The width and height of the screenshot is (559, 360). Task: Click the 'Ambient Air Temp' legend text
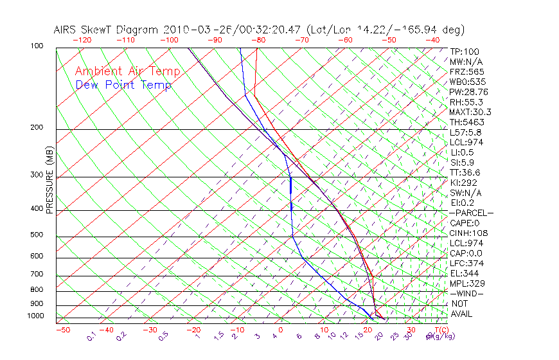coord(127,71)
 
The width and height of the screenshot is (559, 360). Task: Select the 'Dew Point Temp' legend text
coord(123,85)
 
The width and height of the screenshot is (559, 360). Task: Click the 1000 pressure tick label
coord(36,316)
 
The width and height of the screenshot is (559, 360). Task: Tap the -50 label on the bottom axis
coord(62,330)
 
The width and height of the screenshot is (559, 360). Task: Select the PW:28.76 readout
coord(469,92)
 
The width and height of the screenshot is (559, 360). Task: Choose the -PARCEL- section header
coord(471,213)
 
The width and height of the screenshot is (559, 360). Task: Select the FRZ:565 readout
coord(467,71)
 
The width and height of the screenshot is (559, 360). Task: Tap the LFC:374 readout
coord(467,263)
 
